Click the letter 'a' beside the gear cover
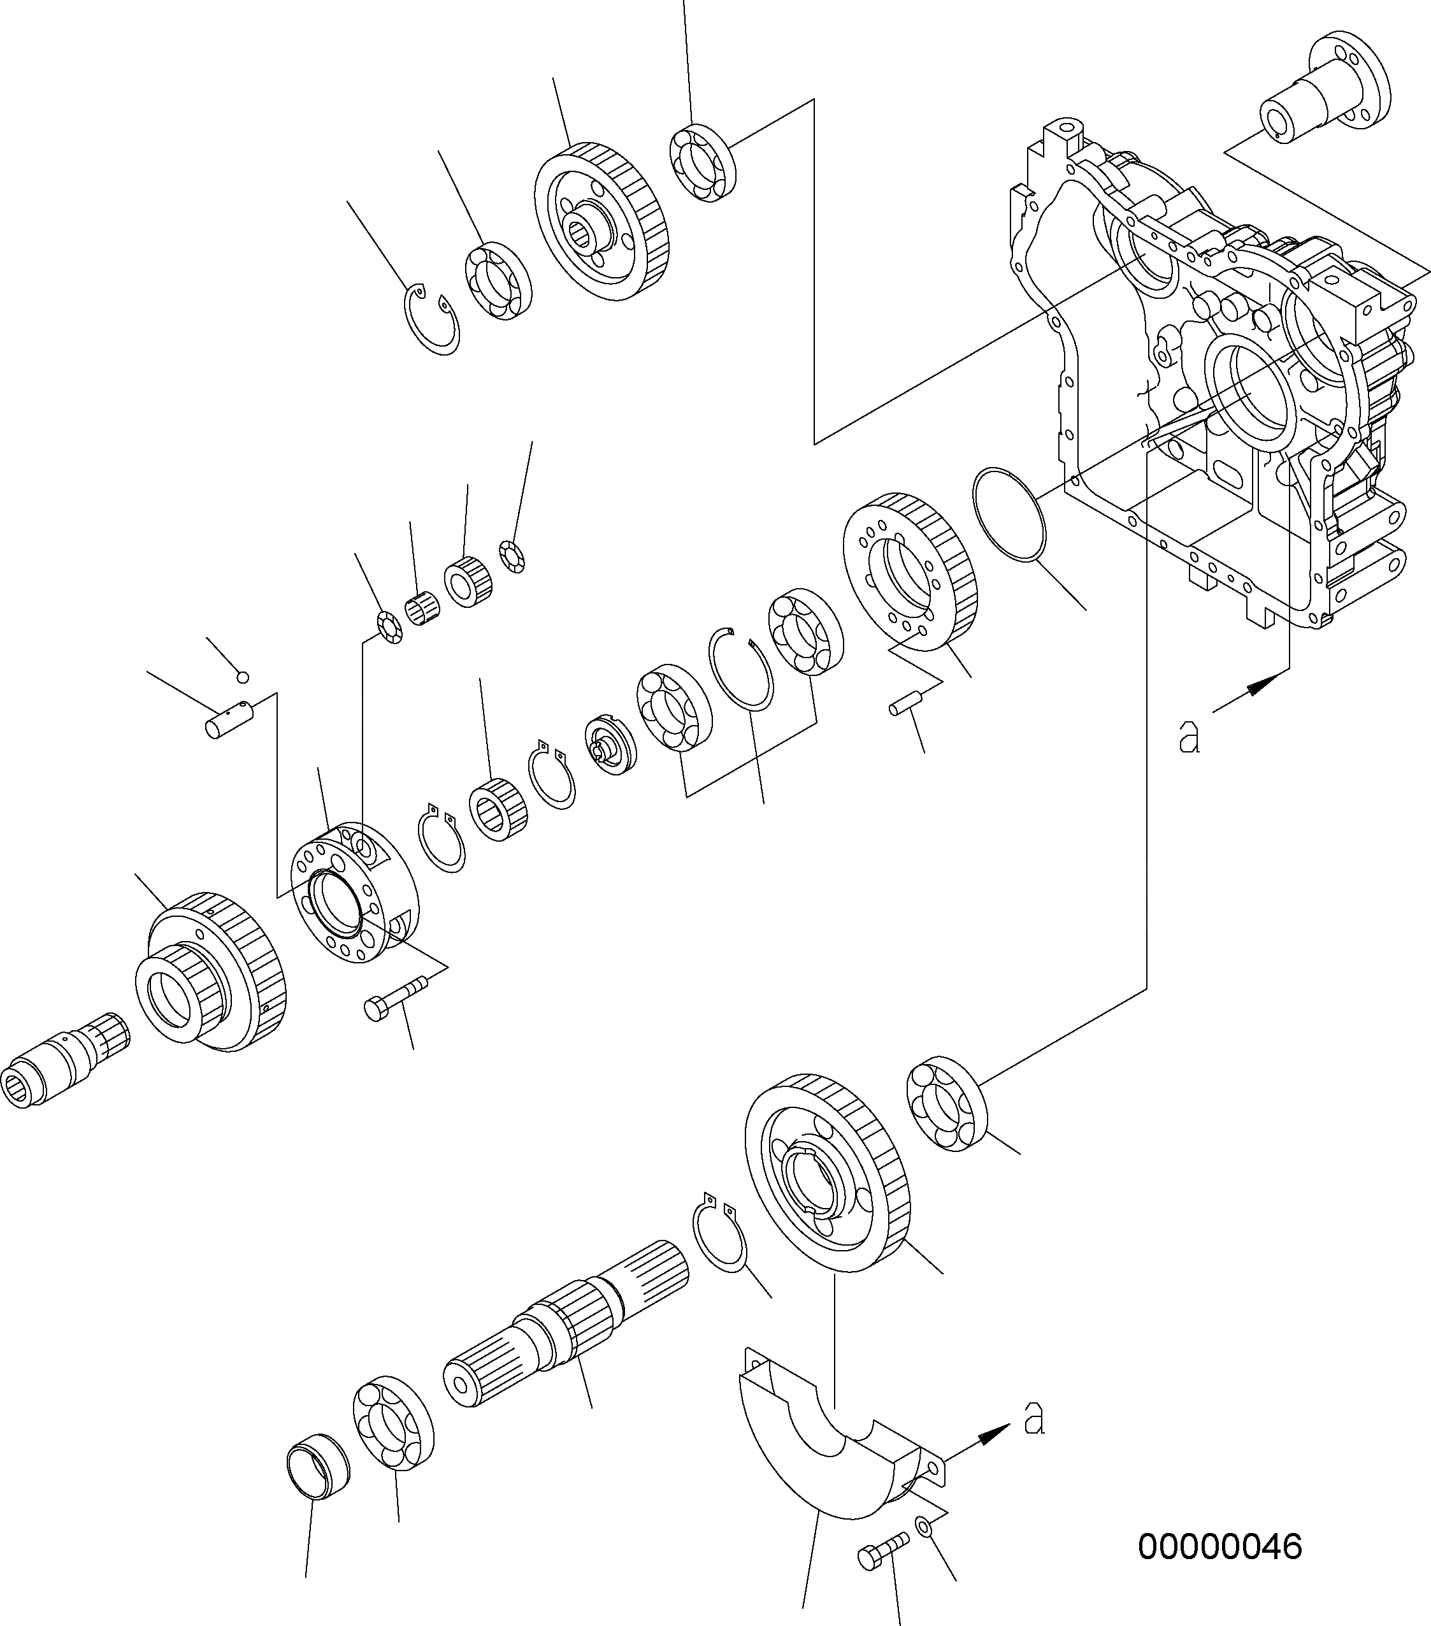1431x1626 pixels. pyautogui.click(x=1033, y=1419)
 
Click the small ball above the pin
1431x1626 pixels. pyautogui.click(x=243, y=677)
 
